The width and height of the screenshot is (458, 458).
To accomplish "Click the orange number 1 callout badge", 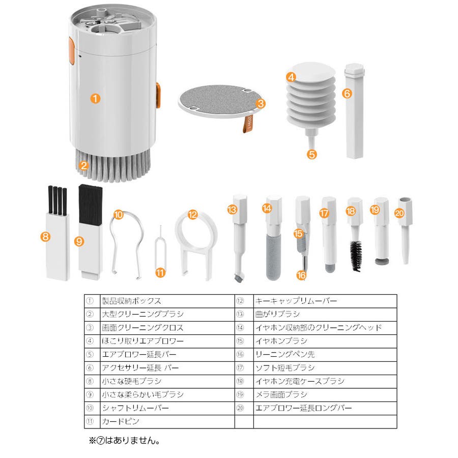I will (x=95, y=98).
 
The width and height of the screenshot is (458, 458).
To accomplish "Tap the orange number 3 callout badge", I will (x=261, y=104).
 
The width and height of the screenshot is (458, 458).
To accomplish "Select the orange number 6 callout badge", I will (x=347, y=94).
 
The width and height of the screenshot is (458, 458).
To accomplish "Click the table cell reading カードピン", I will (x=121, y=421).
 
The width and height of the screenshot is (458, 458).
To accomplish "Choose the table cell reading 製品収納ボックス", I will (x=132, y=301).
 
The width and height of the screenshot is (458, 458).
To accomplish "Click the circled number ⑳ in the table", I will (x=244, y=408).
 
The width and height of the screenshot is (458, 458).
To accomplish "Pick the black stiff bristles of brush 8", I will (x=57, y=199).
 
